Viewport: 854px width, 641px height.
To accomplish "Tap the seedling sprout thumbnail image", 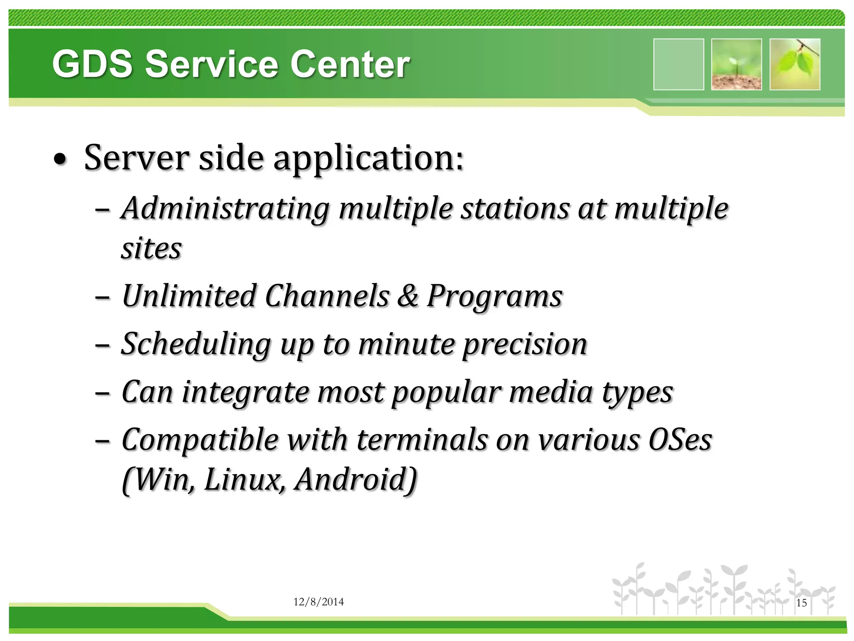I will tap(736, 64).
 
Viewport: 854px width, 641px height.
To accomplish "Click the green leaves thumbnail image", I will tap(795, 64).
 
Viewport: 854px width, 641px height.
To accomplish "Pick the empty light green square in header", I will tap(678, 64).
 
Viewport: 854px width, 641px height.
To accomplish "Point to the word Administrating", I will tap(225, 209).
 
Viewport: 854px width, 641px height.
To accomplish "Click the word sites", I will tap(151, 249).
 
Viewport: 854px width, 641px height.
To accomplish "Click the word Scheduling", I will tap(196, 345).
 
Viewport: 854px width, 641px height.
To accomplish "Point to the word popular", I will tap(446, 393).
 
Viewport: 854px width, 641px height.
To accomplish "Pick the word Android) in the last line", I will tap(356, 480).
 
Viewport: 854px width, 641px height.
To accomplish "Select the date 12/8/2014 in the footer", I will tap(319, 602).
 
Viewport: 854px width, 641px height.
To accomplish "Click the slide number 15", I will tap(801, 603).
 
